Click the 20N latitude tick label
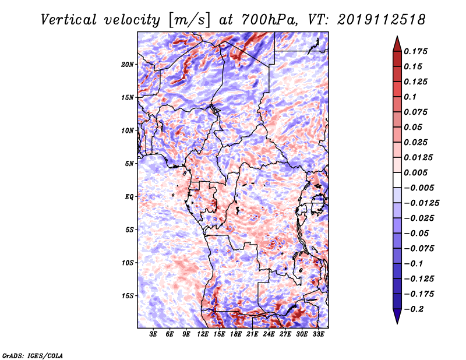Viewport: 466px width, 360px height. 128,65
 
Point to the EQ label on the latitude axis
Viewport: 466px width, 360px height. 129,197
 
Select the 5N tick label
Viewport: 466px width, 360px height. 129,164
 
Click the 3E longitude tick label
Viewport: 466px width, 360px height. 153,334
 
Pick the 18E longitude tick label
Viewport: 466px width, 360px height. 236,334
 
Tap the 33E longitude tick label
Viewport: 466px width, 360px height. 318,334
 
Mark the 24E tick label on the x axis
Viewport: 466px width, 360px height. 269,334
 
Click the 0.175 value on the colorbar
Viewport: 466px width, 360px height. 415,51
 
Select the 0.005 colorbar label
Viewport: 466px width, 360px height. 415,172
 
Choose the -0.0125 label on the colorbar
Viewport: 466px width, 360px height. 421,203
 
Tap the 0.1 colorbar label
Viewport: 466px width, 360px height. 410,97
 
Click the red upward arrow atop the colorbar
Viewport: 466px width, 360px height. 397,44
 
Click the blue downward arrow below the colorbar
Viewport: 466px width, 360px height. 397,316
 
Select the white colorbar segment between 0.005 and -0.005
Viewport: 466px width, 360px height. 397,180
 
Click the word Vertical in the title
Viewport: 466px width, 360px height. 69,20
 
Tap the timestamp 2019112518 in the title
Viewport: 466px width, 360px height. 382,20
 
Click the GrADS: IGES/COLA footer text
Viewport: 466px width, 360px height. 33,356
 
